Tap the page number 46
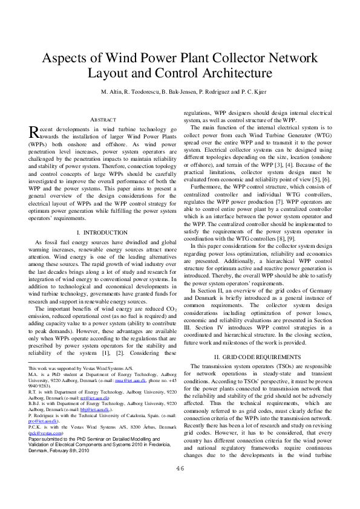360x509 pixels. tap(180, 485)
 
